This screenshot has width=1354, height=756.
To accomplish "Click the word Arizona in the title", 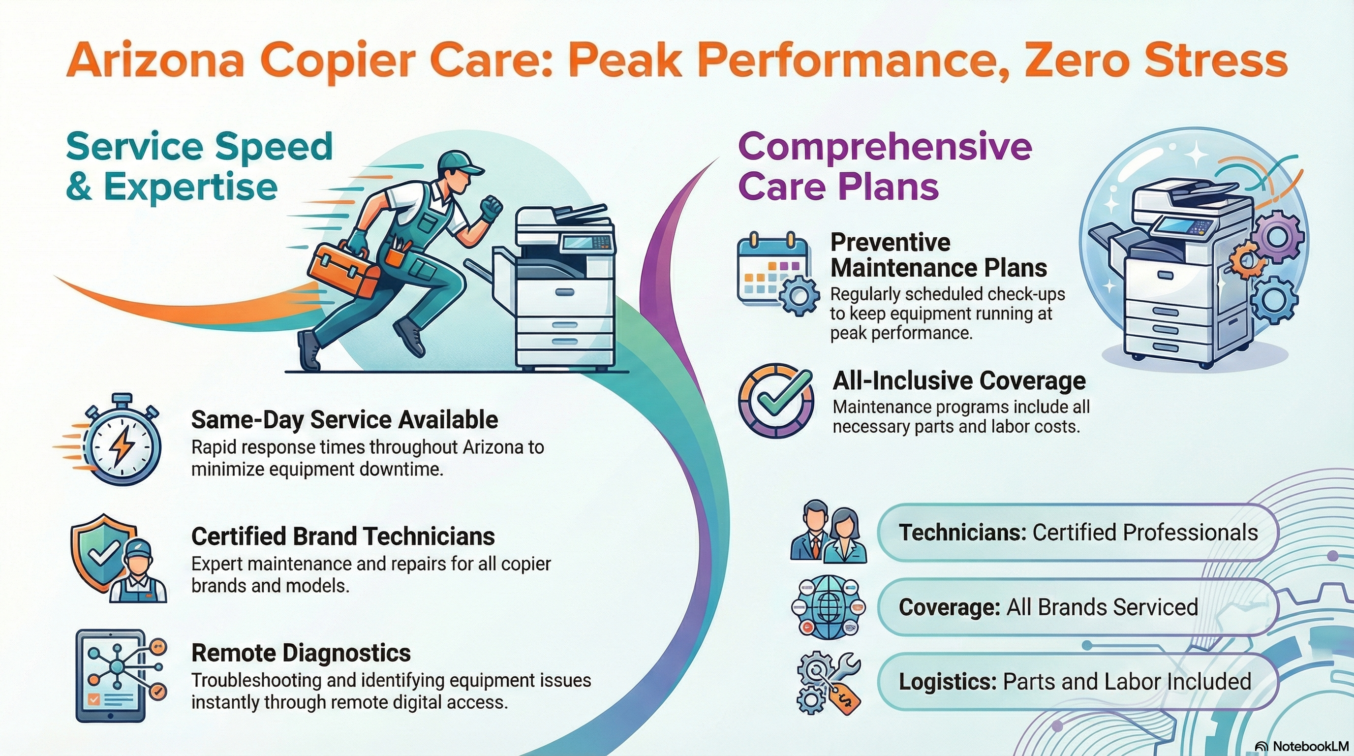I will tap(155, 61).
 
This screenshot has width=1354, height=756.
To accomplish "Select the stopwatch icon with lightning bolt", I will tap(122, 444).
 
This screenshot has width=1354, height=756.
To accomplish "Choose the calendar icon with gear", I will tap(775, 273).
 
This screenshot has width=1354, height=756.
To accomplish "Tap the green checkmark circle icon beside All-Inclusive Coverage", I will tap(776, 401).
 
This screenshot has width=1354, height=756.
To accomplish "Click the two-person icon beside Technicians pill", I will tap(829, 532).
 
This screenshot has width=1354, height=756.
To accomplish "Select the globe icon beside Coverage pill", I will tap(829, 607).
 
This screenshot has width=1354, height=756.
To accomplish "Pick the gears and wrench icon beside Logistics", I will tap(829, 682).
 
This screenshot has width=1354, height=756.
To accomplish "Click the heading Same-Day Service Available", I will tap(344, 419).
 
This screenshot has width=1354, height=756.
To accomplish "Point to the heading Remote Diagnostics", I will tap(301, 653).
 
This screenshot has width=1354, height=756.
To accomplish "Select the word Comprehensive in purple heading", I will tap(885, 147).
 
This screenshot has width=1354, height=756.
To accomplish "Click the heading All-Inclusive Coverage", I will tap(959, 380).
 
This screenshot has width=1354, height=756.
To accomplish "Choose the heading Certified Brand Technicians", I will tap(343, 536).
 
